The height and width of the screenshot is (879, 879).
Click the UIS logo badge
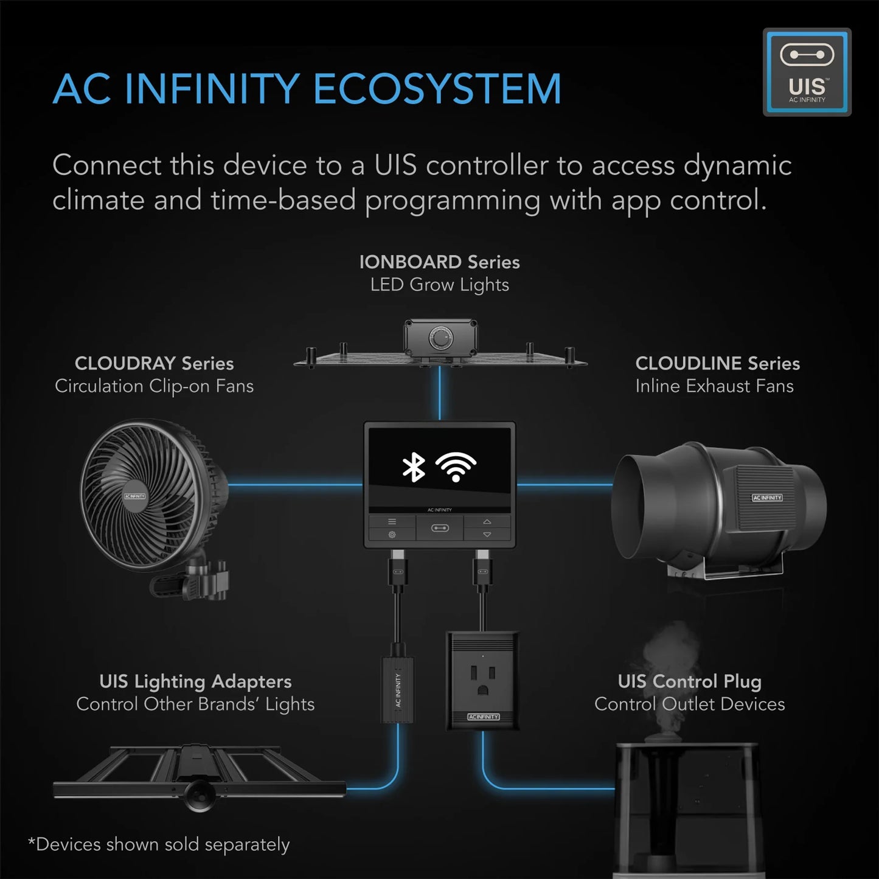pos(807,72)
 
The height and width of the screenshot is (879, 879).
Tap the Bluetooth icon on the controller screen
pos(414,467)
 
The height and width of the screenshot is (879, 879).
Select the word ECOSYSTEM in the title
pos(437,89)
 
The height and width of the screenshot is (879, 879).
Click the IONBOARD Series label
pos(439,262)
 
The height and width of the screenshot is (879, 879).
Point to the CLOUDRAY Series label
pos(154,363)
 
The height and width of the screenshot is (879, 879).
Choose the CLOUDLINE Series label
pos(717,363)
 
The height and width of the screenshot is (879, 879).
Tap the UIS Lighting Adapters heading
pos(195,681)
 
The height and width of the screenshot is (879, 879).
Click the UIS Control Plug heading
pos(689,681)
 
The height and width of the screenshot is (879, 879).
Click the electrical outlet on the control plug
pos(483,679)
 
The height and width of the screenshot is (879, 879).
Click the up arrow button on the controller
pos(487,522)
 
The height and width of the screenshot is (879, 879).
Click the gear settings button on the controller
pos(392,535)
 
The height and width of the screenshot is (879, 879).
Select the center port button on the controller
pos(440,528)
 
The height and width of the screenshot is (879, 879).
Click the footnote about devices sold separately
pos(159,844)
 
